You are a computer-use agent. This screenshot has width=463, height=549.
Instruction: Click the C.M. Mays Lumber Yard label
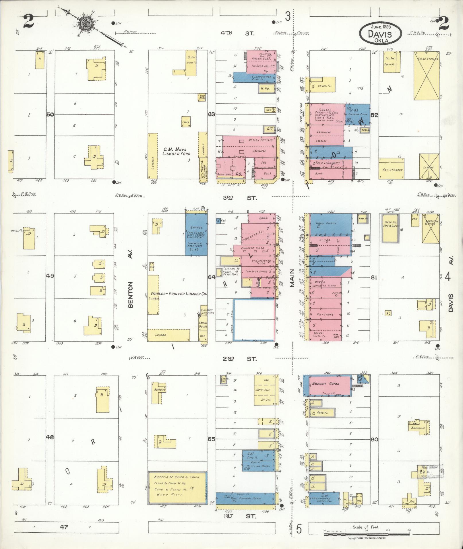tap(177, 152)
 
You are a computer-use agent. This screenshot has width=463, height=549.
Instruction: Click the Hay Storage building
tap(392, 169)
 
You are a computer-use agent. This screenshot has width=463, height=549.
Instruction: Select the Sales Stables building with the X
tap(426, 75)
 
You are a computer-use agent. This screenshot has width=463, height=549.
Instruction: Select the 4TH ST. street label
tap(237, 33)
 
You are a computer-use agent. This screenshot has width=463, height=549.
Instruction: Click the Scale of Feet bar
tap(367, 534)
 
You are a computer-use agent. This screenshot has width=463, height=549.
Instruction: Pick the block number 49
tap(50, 276)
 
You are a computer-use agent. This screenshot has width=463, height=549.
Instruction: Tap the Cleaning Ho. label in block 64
tap(229, 269)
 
